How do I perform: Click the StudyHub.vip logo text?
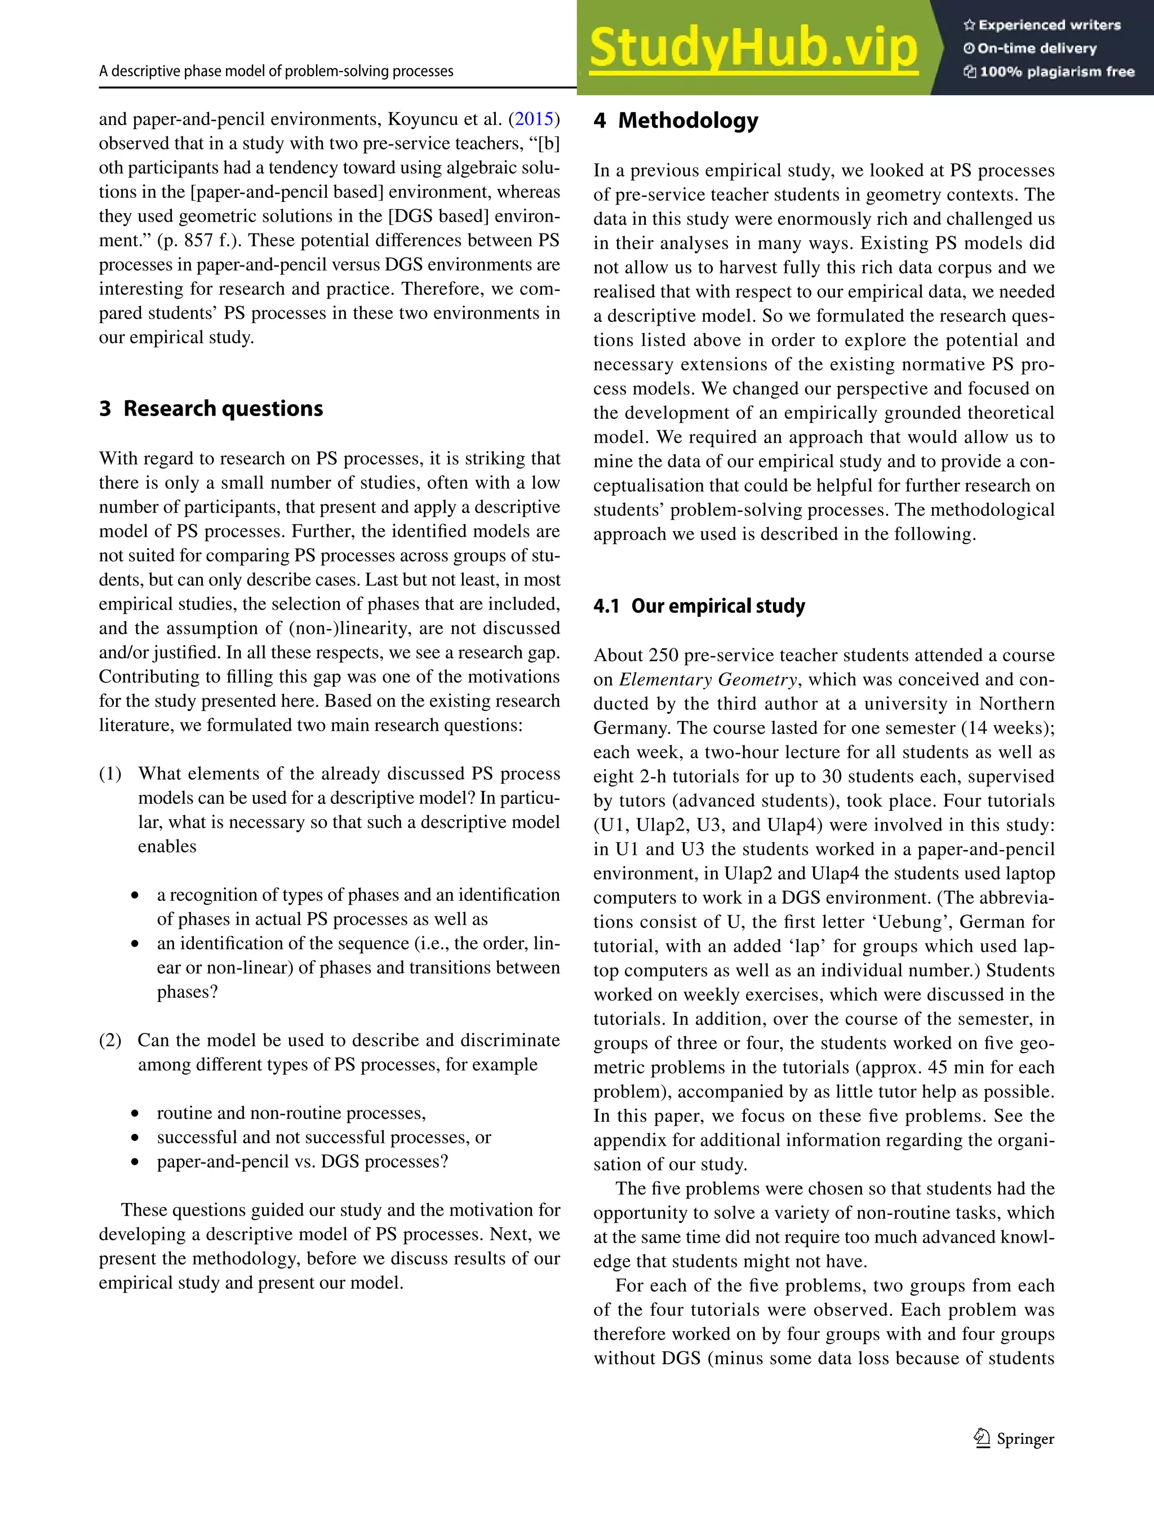coord(753,48)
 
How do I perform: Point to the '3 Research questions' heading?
coord(211,409)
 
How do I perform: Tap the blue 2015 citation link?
coord(534,120)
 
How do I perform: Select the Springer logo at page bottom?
coord(1013,1439)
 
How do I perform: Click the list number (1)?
coord(110,774)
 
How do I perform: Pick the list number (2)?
coord(110,1040)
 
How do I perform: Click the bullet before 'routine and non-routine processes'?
coord(135,1115)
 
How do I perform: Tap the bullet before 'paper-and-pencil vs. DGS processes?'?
coord(135,1163)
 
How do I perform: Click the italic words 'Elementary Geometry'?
coord(708,680)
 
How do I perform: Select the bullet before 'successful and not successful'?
coord(135,1139)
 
